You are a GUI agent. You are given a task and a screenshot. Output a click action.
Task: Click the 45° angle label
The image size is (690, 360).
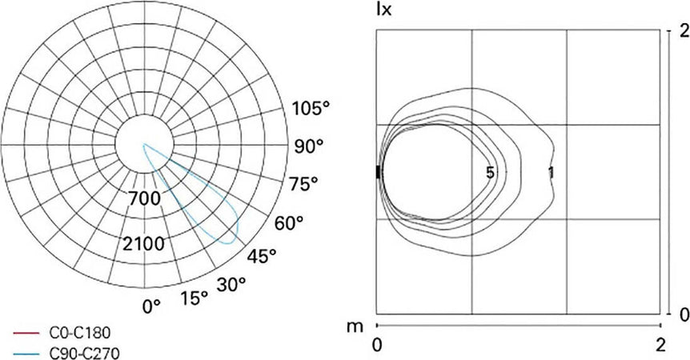click(260, 255)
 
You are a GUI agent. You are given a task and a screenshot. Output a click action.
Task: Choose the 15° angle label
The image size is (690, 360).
click(194, 298)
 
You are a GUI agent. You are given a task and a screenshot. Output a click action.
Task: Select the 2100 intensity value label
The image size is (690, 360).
click(145, 243)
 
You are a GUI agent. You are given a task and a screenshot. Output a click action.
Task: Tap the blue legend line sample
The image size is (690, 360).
click(27, 350)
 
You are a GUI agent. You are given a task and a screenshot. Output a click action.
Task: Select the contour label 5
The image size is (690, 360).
click(489, 172)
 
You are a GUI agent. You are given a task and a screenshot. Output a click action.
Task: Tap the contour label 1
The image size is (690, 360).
click(552, 172)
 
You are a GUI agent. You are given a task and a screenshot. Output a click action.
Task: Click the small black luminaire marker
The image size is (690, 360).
click(378, 172)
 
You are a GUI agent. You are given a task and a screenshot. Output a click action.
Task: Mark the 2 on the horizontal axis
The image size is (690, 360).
click(660, 346)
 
